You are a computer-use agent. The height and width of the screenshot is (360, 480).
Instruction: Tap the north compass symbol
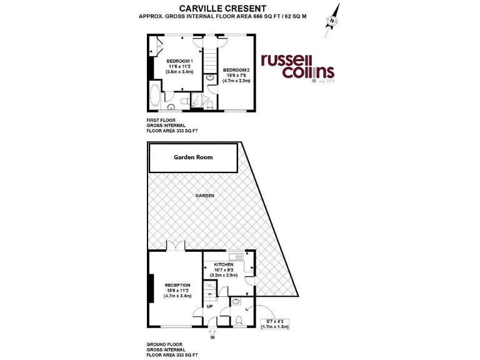(x=331, y=17)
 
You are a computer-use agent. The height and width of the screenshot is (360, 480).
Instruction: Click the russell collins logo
(x=297, y=66)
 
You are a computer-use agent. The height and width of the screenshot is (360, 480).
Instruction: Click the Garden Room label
(x=193, y=157)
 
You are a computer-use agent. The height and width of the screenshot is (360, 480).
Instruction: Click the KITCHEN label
(x=223, y=265)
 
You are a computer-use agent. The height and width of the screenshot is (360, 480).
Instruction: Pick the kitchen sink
(x=237, y=256)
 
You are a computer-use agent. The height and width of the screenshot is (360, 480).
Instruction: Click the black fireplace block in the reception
(x=151, y=289)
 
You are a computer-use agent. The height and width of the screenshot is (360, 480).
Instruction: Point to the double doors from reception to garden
(x=176, y=246)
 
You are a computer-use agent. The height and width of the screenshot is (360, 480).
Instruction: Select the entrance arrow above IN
(x=212, y=331)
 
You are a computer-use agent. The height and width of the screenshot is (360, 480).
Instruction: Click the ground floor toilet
(x=240, y=321)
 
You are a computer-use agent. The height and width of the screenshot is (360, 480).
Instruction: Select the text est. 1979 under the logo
(x=327, y=82)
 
